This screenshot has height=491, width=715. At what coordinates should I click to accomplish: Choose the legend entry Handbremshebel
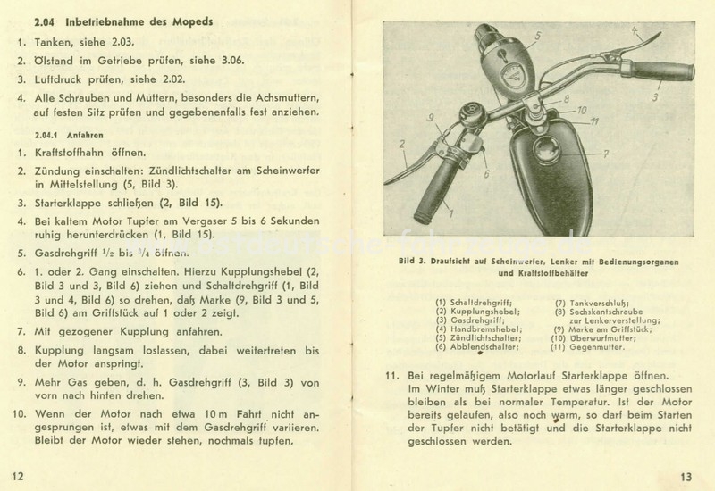[x=488, y=329]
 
